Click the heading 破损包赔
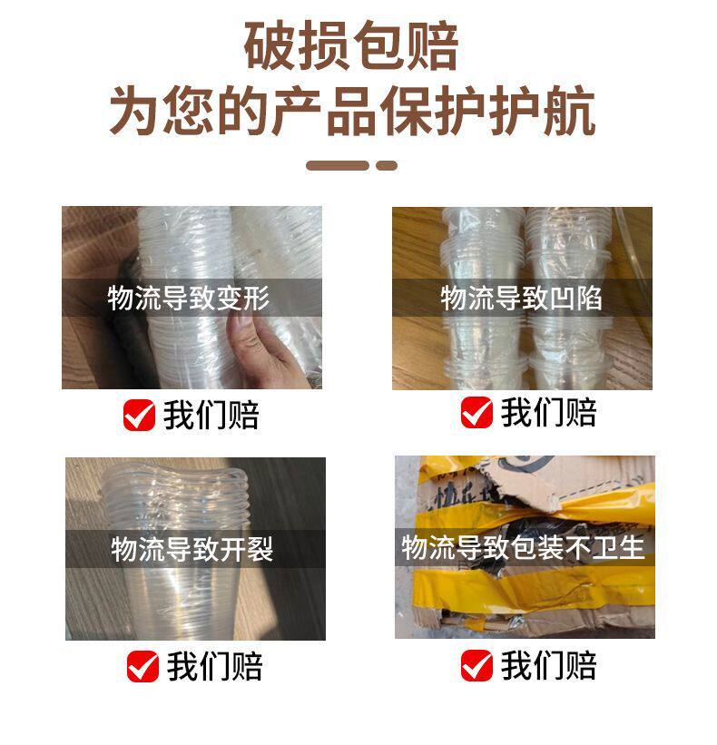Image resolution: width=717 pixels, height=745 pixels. tap(351, 46)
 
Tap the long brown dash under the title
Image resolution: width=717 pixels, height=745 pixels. tap(338, 165)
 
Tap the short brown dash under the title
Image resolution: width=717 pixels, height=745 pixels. tap(387, 165)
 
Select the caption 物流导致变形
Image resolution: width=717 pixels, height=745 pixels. tap(189, 298)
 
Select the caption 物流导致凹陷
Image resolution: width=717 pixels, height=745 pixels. tap(521, 298)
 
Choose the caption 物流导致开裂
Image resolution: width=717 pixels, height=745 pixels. tap(192, 549)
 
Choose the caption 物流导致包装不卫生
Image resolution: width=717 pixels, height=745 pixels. tap(523, 547)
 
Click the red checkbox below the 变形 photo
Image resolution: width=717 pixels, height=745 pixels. tap(139, 415)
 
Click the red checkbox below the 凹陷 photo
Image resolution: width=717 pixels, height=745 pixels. tap(476, 412)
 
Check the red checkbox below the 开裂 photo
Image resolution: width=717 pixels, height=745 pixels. tap(142, 666)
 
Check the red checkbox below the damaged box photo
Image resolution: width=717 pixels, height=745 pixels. tap(476, 665)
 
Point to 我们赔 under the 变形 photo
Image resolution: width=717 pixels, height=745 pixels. tap(211, 415)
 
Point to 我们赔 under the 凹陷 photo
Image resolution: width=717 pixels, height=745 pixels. tap(548, 412)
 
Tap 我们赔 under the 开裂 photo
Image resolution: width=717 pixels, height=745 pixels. tap(215, 666)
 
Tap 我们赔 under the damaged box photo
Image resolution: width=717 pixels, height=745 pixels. tap(548, 665)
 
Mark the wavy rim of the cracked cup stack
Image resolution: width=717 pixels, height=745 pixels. tap(177, 476)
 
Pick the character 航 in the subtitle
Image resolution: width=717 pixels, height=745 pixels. tap(569, 112)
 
